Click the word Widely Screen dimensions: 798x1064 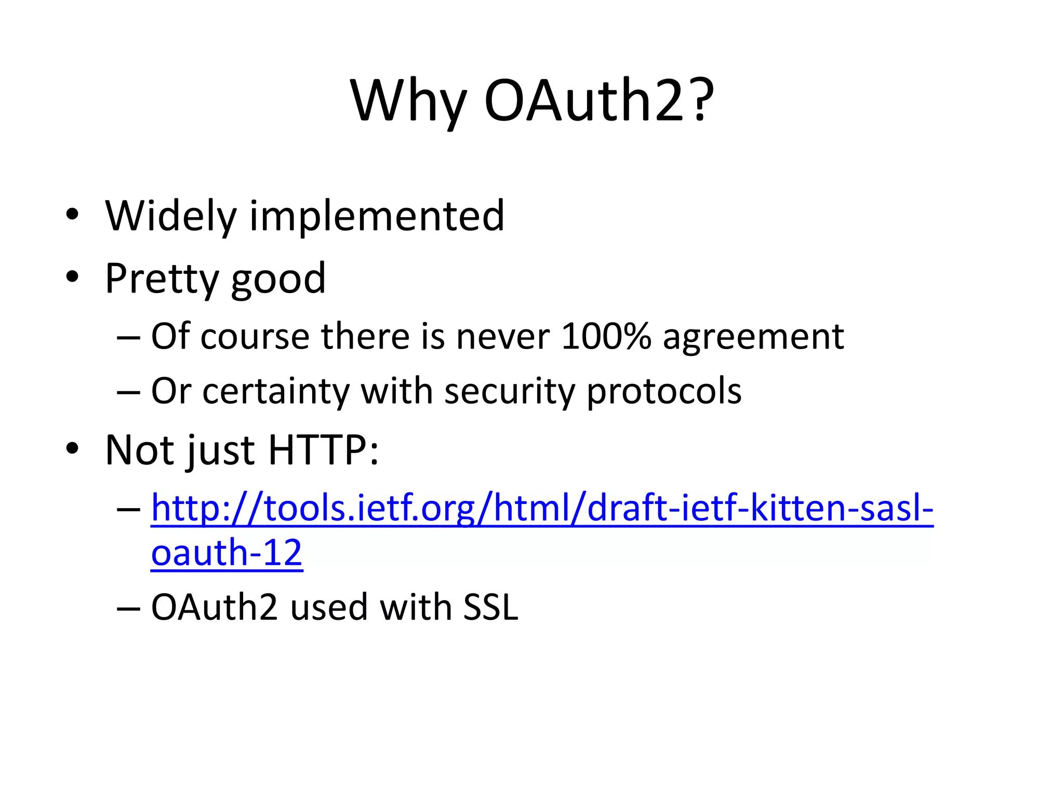click(x=170, y=216)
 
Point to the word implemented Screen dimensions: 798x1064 click(x=377, y=216)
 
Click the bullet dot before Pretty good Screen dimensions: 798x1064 click(x=72, y=277)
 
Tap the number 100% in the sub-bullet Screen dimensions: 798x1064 click(x=606, y=336)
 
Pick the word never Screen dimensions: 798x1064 click(x=502, y=337)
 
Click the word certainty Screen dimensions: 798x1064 click(x=275, y=391)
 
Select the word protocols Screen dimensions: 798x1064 click(x=664, y=391)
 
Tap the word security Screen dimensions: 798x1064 click(x=509, y=391)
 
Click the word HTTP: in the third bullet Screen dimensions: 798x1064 click(x=323, y=450)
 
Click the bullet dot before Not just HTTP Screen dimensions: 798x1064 click(x=72, y=448)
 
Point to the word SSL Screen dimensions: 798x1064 click(x=490, y=607)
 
